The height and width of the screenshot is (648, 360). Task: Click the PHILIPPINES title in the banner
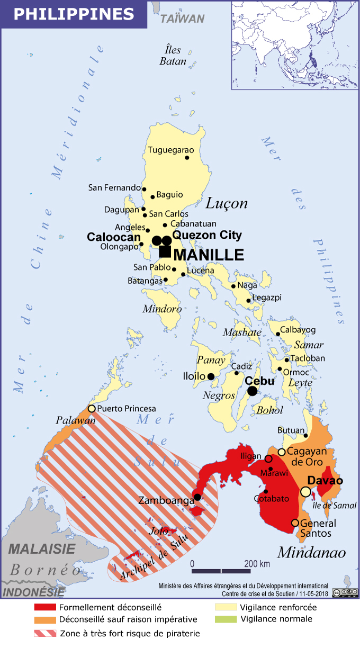73,14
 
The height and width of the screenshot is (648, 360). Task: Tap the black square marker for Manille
165,253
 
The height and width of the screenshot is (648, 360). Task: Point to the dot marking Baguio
153,197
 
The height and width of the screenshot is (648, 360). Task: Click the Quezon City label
207,235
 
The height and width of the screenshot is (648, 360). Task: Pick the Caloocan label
113,237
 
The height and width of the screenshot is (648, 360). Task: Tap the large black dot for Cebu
252,391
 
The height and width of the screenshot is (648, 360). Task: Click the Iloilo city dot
211,376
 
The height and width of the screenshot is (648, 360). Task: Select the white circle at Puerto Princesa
92,408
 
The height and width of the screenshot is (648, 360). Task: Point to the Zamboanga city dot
197,497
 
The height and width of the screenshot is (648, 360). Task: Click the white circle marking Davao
305,492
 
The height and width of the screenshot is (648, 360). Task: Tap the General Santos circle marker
295,523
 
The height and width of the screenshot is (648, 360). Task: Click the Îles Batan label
173,56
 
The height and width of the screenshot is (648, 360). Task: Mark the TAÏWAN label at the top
182,19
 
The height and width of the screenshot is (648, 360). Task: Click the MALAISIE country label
42,548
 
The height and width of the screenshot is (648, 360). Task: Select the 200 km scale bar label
257,563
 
